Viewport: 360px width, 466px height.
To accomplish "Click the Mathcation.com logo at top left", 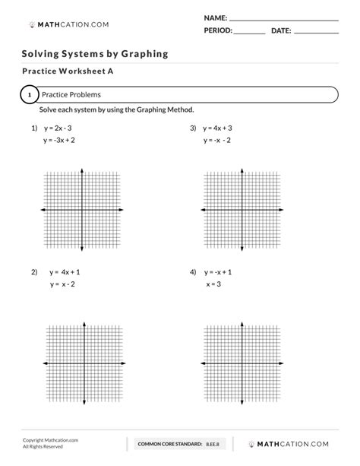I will pyautogui.click(x=68, y=24).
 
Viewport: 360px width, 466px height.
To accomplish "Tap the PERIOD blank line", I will pyautogui.click(x=249, y=34).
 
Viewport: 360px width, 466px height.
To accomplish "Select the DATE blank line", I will pyautogui.click(x=315, y=34).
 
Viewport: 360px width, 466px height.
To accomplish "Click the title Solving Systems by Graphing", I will pyautogui.click(x=95, y=54).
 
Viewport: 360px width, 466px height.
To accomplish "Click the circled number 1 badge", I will pyautogui.click(x=29, y=95).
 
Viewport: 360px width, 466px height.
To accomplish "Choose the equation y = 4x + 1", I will pyautogui.click(x=65, y=271).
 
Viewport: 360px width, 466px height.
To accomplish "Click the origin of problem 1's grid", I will pyautogui.click(x=83, y=209).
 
